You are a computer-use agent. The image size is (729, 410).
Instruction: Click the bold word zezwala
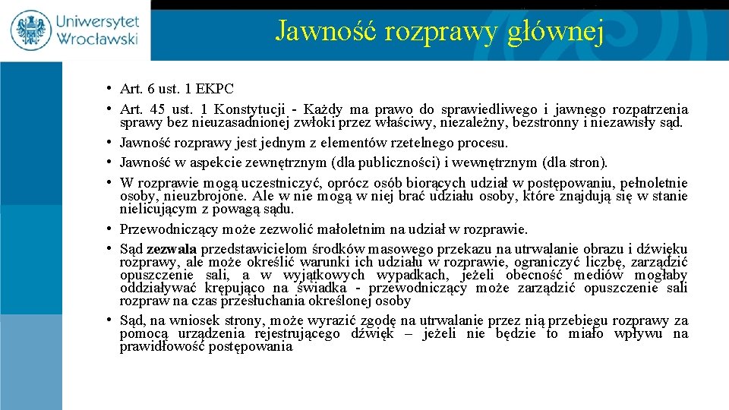point(172,249)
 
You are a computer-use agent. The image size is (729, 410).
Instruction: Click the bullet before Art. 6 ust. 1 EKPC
point(110,88)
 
